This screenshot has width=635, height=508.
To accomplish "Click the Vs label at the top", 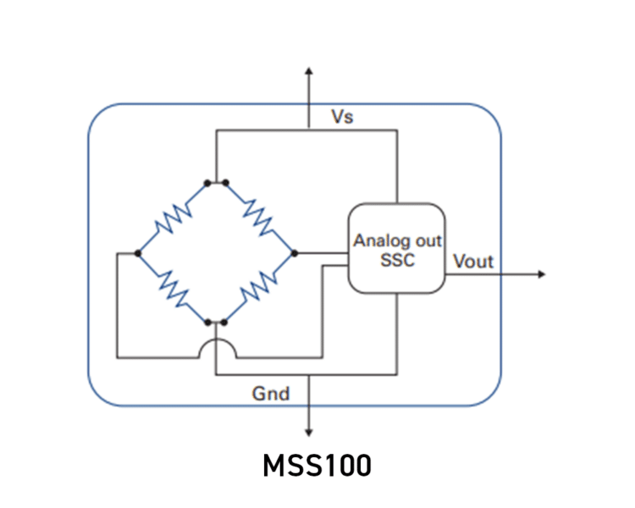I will [x=342, y=117].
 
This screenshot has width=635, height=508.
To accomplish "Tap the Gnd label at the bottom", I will [x=271, y=393].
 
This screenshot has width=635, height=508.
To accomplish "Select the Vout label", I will [x=473, y=262].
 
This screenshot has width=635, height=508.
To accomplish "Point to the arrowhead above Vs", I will [x=309, y=70].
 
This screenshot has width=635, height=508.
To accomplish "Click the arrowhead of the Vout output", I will [x=541, y=273].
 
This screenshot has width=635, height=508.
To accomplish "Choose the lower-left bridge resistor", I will [x=173, y=288].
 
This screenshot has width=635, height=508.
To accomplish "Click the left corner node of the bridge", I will [x=137, y=252].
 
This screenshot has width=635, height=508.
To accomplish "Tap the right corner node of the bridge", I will [x=295, y=252].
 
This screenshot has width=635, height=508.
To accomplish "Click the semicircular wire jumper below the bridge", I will [x=217, y=343].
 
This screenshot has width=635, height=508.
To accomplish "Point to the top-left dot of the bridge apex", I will [x=207, y=182].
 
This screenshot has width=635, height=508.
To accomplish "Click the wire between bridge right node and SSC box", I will [x=322, y=252].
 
